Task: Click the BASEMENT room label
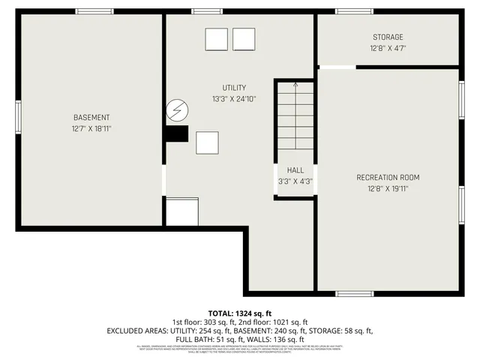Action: pyautogui.click(x=91, y=118)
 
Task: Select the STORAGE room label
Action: pyautogui.click(x=388, y=37)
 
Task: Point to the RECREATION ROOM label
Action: pyautogui.click(x=388, y=178)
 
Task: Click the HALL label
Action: pyautogui.click(x=295, y=170)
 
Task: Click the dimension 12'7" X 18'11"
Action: pyautogui.click(x=91, y=129)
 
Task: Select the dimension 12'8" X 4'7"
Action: pyautogui.click(x=388, y=49)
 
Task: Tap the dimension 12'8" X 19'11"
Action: pyautogui.click(x=388, y=189)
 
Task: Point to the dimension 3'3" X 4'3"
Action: pyautogui.click(x=295, y=181)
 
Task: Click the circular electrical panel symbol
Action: pyautogui.click(x=178, y=111)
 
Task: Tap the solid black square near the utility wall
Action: pyautogui.click(x=176, y=133)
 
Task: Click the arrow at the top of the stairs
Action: pyautogui.click(x=295, y=85)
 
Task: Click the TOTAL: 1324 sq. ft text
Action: pyautogui.click(x=239, y=312)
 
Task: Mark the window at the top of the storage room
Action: pyautogui.click(x=354, y=11)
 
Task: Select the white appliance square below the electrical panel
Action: pyautogui.click(x=207, y=142)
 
